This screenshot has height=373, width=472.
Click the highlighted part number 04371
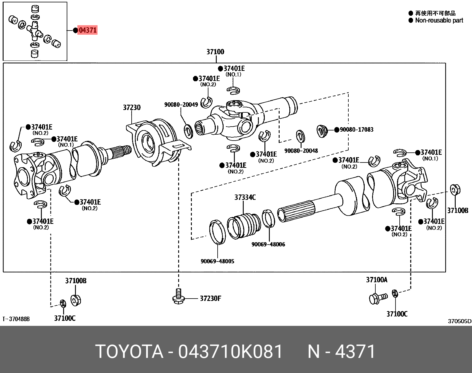[87, 30]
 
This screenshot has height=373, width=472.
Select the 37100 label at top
[215, 52]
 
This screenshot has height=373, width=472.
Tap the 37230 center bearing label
[132, 107]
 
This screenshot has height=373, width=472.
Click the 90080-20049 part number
[181, 105]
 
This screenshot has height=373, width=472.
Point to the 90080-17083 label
[356, 130]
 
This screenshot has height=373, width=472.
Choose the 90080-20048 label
[301, 151]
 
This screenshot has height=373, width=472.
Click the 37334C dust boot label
[245, 197]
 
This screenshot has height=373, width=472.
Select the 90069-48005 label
[217, 261]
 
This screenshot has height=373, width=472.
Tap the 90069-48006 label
[268, 244]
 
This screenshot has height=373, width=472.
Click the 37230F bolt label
[210, 298]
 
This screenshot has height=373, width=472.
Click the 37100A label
[377, 280]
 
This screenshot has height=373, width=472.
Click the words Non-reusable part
[439, 20]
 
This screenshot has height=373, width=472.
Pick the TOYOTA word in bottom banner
[129, 352]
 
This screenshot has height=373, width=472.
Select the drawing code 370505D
[459, 321]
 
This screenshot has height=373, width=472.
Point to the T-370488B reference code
[16, 319]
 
